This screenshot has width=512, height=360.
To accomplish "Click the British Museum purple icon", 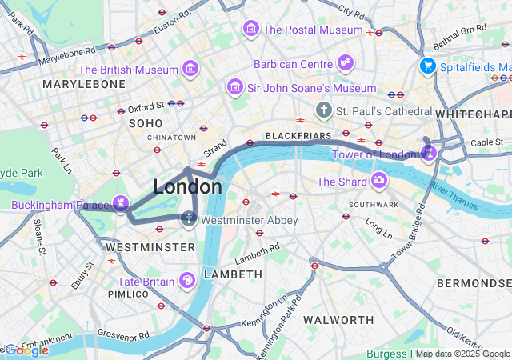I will (190, 70).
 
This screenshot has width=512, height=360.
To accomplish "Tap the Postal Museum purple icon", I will (251, 30).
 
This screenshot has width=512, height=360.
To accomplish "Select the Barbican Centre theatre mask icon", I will (345, 63).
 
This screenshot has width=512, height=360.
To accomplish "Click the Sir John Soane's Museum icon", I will (234, 86).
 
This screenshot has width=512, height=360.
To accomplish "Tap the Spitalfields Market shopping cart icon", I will (428, 66).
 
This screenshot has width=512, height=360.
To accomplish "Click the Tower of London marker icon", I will (428, 152).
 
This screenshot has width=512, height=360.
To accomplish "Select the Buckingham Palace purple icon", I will (120, 203).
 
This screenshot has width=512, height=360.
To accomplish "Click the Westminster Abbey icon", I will (189, 218).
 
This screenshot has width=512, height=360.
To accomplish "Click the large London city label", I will (187, 186).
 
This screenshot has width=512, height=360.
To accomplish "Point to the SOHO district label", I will (146, 123).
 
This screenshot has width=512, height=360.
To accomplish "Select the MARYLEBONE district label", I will (84, 84).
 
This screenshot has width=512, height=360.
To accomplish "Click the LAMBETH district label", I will (233, 274).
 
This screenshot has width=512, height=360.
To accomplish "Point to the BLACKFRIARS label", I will (293, 136).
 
